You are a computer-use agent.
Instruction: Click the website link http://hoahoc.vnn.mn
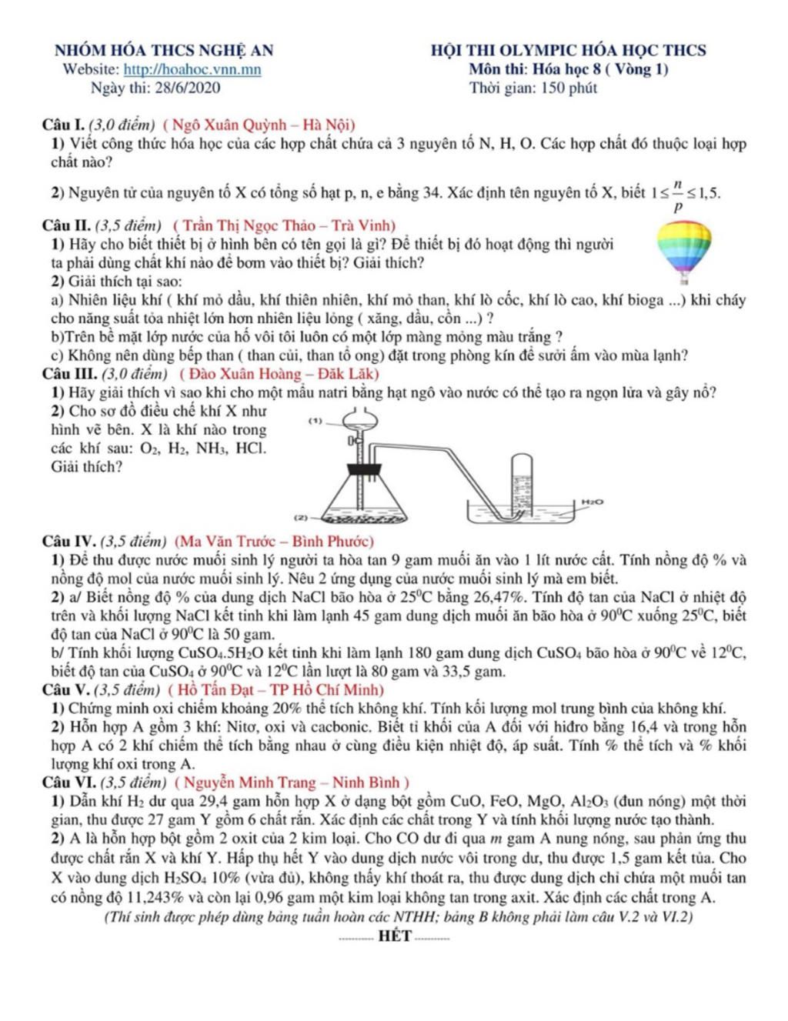192,70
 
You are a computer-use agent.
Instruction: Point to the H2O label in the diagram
592,501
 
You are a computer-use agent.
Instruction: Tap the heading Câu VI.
68,783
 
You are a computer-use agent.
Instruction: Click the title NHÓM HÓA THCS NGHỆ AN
164,51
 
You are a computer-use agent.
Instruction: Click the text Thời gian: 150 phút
533,88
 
